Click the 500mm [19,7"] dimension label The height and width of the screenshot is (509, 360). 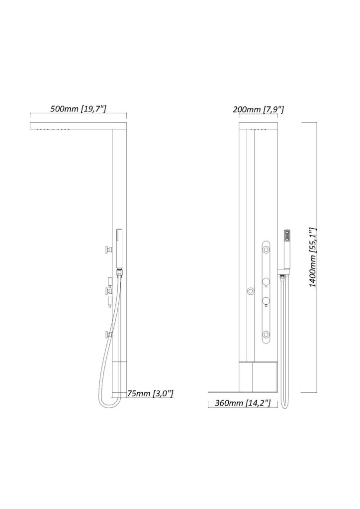click(x=78, y=108)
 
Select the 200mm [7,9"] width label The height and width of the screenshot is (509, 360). click(x=259, y=109)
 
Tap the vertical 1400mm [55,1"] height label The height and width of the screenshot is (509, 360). click(x=313, y=257)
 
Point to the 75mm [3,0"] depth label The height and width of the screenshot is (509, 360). click(x=150, y=394)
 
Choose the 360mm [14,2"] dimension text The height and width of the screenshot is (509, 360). click(x=243, y=403)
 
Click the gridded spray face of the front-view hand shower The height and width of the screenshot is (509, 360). click(x=287, y=236)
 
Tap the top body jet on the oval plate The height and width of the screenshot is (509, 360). click(x=266, y=250)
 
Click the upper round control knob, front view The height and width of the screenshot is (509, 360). click(x=266, y=282)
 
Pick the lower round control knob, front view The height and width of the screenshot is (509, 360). click(x=266, y=301)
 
